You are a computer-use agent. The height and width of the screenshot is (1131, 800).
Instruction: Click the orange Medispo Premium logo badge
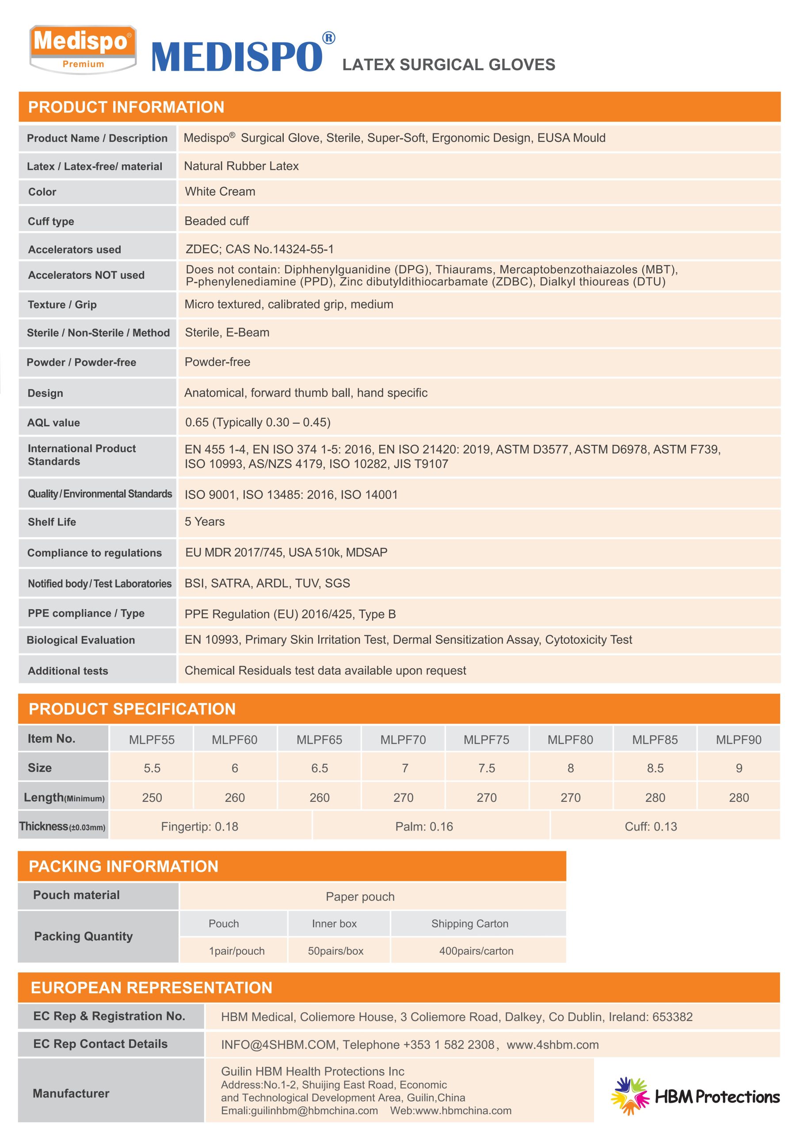click(x=83, y=49)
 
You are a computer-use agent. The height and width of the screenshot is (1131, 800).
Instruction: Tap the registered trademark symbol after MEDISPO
click(x=328, y=38)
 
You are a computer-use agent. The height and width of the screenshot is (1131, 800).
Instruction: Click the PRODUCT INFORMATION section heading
click(x=126, y=107)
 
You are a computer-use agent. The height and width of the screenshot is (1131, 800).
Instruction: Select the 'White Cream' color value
click(x=220, y=192)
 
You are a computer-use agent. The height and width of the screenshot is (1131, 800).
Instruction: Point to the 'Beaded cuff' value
click(x=217, y=221)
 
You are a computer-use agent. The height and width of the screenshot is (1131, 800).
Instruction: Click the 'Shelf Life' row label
click(x=52, y=522)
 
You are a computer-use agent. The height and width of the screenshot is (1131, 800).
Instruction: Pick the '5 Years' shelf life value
click(x=205, y=522)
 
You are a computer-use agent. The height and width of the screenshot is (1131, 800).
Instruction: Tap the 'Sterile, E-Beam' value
click(x=227, y=333)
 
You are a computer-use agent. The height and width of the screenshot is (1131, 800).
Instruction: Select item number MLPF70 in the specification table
click(x=403, y=740)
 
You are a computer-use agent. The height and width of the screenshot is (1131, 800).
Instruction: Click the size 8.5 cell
click(x=655, y=768)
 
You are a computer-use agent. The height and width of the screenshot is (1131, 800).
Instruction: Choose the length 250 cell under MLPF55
click(x=152, y=797)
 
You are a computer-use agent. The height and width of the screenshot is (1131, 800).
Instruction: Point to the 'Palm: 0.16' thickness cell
click(x=424, y=827)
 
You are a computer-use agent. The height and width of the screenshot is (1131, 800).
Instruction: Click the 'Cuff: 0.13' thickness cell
click(x=651, y=827)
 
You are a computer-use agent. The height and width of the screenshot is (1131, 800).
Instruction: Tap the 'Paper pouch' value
click(x=360, y=896)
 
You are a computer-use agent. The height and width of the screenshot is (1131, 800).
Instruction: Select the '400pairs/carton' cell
click(x=476, y=951)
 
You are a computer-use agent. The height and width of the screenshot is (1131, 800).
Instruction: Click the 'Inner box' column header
click(x=334, y=924)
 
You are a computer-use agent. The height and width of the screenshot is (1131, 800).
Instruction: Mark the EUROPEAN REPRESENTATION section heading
click(x=151, y=988)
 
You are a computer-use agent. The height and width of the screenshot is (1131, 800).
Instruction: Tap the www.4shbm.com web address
click(x=552, y=1045)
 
